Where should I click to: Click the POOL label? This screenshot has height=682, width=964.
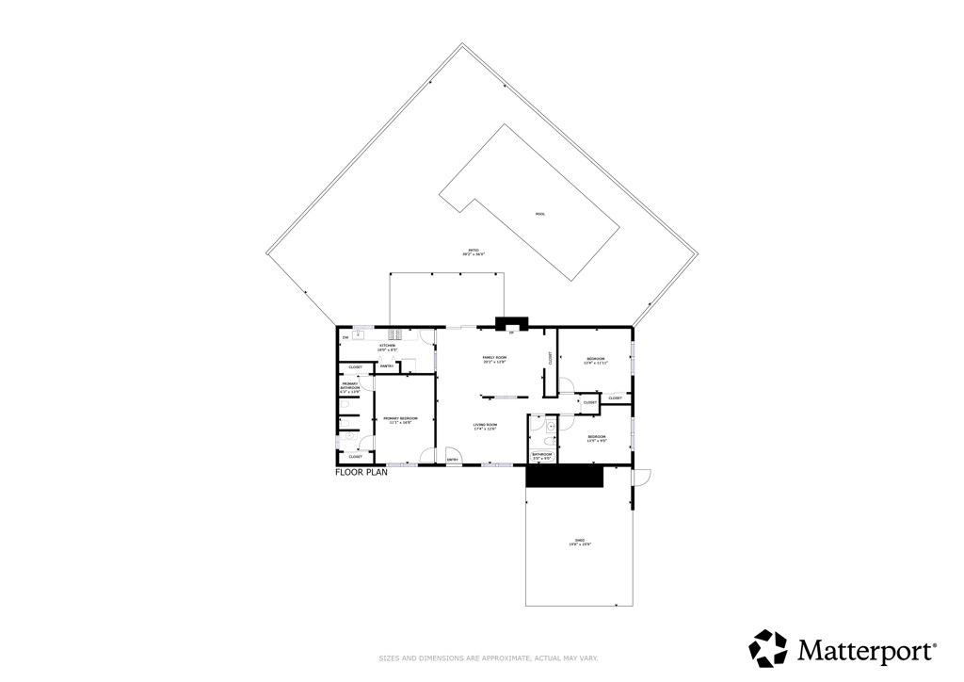click(540, 214)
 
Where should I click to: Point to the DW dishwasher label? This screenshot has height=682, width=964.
click(345, 337)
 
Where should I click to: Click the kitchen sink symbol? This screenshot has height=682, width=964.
click(359, 335)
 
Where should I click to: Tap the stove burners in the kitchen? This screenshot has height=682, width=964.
click(396, 333)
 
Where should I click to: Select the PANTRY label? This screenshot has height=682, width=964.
click(387, 365)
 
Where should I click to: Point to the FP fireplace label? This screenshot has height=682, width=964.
click(511, 333)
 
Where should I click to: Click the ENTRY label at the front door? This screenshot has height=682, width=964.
click(452, 460)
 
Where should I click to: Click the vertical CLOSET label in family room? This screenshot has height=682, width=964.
click(550, 358)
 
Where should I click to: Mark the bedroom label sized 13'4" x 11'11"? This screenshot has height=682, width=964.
click(597, 361)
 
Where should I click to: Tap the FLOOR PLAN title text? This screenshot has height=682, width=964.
click(361, 473)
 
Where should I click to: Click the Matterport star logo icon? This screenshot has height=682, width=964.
click(767, 648)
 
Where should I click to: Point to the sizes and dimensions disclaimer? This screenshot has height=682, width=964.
click(481, 658)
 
